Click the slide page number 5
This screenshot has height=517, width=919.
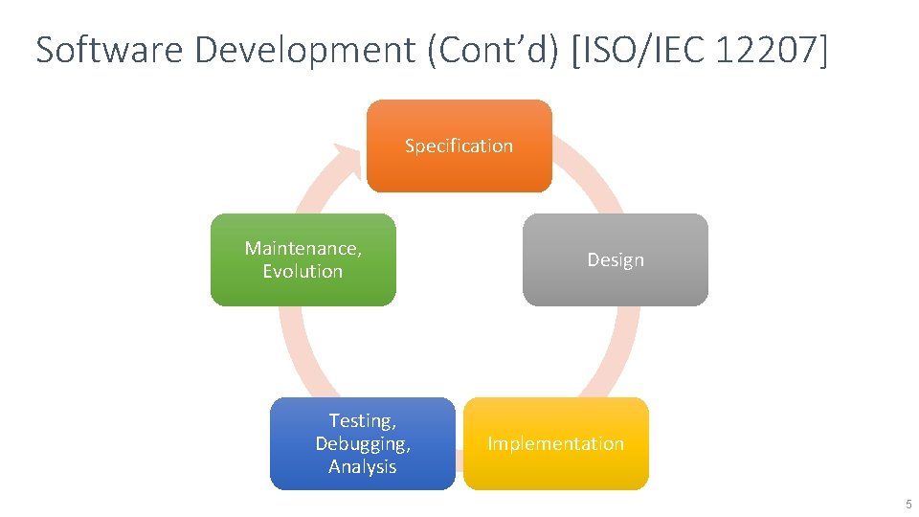tap(908, 504)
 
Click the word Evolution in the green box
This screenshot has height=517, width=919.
tap(303, 272)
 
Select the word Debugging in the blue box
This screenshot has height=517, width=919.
tap(362, 444)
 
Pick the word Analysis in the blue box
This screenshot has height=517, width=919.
tap(362, 467)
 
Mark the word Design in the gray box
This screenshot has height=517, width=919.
tap(616, 260)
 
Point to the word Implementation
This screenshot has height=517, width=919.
tap(555, 444)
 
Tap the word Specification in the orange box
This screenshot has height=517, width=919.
tap(459, 146)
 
